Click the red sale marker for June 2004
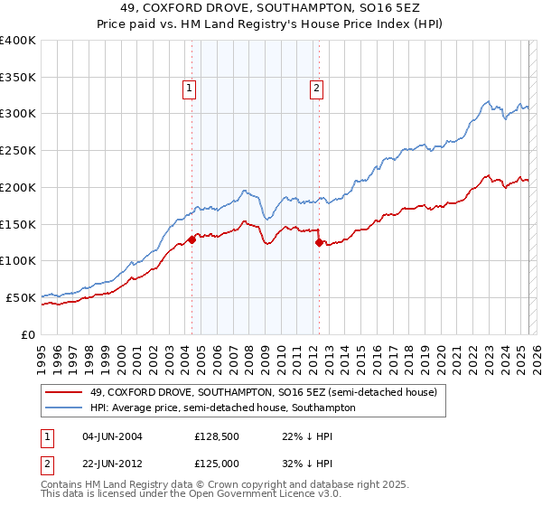tap(192, 239)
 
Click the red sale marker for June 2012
tap(319, 242)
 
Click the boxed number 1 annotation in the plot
tap(189, 89)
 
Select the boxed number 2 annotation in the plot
tap(317, 89)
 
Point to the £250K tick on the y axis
tap(18, 151)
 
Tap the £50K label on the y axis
tap(21, 297)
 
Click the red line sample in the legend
tap(64, 393)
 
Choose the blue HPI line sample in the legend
tap(64, 408)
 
